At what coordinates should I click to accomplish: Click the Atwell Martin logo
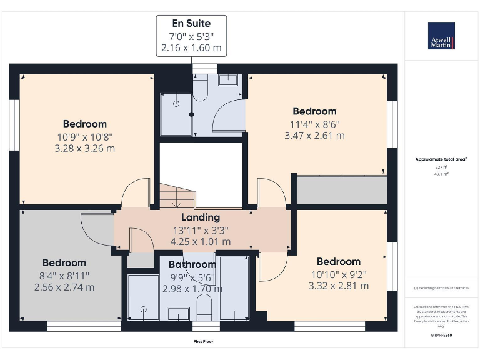(x=441, y=36)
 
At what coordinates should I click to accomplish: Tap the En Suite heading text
(x=191, y=23)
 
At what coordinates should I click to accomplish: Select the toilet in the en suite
(x=201, y=87)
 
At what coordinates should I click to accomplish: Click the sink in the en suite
(x=228, y=80)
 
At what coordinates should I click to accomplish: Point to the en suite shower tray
(x=176, y=112)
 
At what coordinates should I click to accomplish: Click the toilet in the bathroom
(x=204, y=308)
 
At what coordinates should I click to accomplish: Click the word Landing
(x=200, y=217)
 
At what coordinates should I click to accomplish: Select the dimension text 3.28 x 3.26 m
(x=85, y=149)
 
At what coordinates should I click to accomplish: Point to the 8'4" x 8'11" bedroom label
(x=64, y=275)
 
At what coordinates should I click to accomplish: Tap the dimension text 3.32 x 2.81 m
(x=338, y=286)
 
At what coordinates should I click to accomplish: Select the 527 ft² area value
(x=441, y=167)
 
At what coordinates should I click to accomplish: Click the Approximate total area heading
(x=441, y=159)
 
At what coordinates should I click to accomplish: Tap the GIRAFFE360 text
(x=441, y=336)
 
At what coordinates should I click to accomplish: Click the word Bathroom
(x=192, y=265)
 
